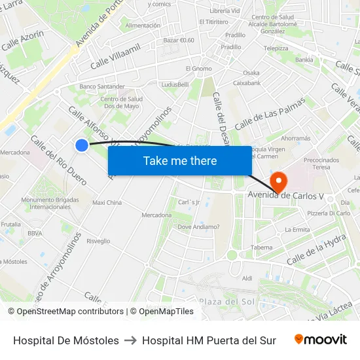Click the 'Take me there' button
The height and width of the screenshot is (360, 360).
click(180, 161)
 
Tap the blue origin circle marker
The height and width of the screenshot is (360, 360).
click(82, 145)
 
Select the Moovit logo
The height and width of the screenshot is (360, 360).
click(321, 340)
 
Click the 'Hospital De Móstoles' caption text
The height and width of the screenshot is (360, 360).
click(66, 340)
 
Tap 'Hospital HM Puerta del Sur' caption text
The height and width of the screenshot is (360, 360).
click(209, 340)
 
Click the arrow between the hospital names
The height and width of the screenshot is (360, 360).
click(130, 340)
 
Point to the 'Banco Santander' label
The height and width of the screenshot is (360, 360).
click(101, 86)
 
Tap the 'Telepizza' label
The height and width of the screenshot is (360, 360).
click(276, 48)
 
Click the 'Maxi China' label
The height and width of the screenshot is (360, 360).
click(107, 203)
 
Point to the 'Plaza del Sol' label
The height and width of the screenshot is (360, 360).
click(226, 301)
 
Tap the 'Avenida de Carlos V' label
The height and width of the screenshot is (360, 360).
click(286, 196)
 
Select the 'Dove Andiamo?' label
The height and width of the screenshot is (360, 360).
click(198, 227)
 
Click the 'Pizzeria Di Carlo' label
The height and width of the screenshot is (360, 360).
click(329, 213)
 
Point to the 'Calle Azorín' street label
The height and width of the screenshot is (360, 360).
click(22, 41)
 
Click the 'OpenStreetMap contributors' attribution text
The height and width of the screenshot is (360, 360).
click(65, 312)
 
